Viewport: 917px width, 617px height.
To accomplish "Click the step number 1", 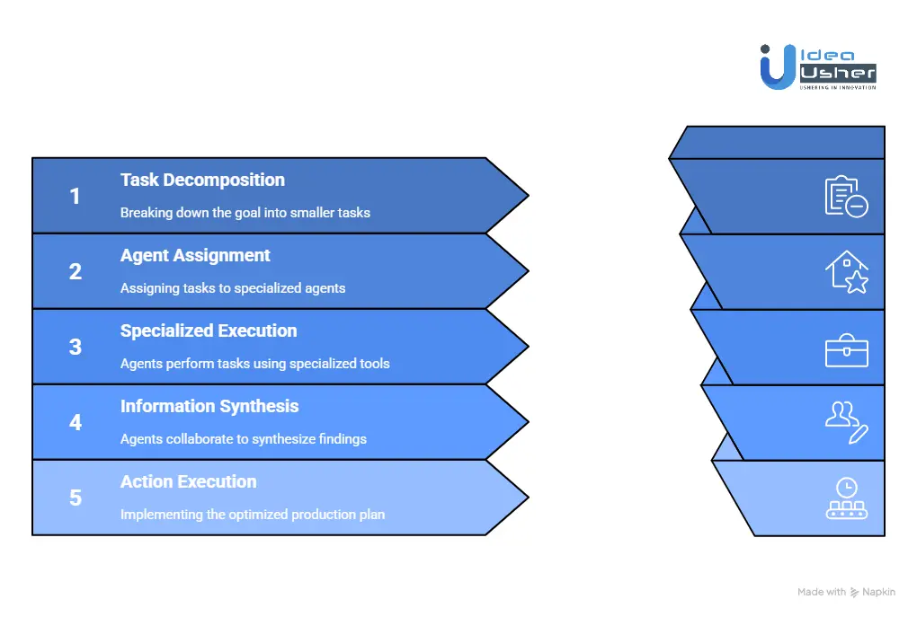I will coord(76,196).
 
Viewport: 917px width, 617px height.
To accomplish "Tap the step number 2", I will coord(76,271).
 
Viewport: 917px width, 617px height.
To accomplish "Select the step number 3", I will coord(76,347).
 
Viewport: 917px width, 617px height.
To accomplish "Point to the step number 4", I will coord(76,422).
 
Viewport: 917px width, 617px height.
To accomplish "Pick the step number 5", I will coord(76,498).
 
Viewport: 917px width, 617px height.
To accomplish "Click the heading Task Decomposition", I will coord(202,180).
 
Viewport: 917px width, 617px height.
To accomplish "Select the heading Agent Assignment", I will coord(195,255).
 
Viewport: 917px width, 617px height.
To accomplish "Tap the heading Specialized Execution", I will coord(209,331).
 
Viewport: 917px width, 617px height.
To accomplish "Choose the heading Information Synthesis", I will coord(209,406).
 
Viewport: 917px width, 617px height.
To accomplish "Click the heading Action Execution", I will coord(188,481).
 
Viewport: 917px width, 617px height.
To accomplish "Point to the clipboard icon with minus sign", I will coord(846,196).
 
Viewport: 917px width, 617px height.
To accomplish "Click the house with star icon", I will coord(846,271).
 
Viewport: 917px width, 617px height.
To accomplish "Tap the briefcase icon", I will coord(846,348).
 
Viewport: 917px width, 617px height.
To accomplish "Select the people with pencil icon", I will coord(846,422).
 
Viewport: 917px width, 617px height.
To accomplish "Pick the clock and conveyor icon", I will coord(846,498).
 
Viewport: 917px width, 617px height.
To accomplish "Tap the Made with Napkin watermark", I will coord(846,592).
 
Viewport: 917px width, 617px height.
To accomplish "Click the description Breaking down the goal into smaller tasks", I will coord(245,213).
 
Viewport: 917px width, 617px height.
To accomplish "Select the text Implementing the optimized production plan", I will coord(253,515).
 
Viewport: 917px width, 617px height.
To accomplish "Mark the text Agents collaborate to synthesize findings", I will coord(244,439).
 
